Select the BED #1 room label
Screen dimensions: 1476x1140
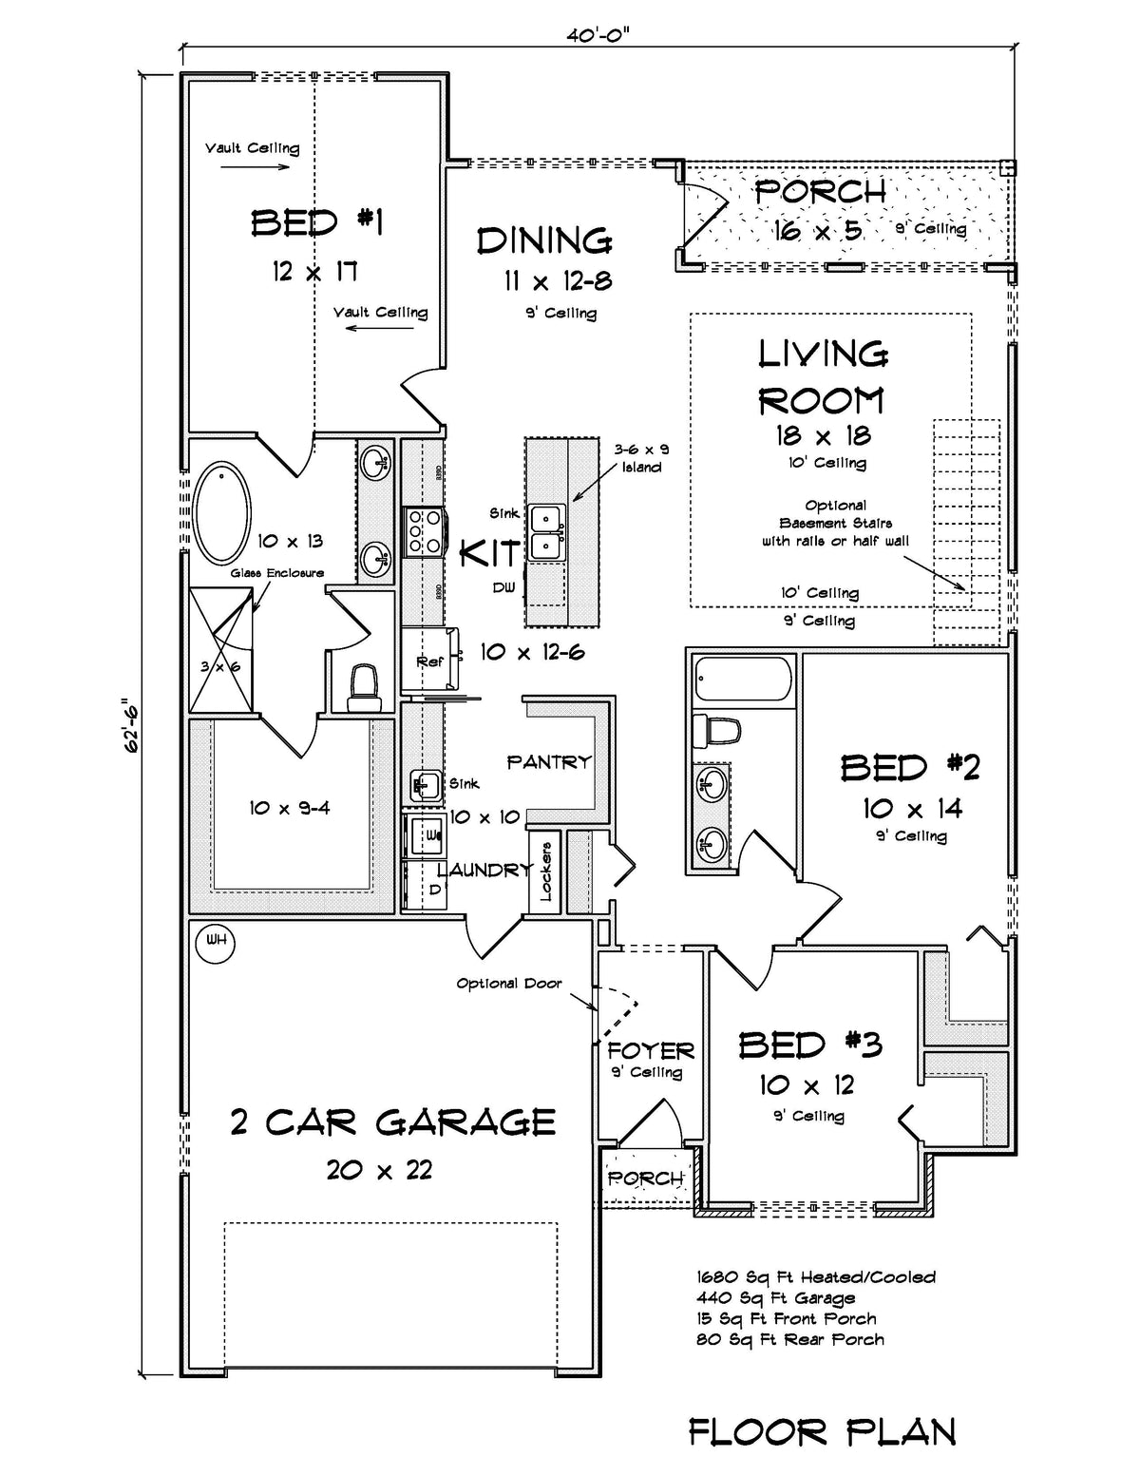(316, 223)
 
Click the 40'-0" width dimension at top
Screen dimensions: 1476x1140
(598, 35)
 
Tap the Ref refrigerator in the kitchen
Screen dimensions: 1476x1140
(430, 661)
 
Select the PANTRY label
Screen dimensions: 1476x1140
(548, 762)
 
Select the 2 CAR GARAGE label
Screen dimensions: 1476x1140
(392, 1122)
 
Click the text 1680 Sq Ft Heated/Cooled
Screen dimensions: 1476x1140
(816, 1276)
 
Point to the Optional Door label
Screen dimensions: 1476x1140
(509, 984)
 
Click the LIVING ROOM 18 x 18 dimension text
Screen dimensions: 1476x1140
(822, 435)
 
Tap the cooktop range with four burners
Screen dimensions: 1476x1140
(426, 530)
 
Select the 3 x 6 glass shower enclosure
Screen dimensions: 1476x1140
(221, 650)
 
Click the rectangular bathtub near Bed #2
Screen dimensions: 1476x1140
(743, 681)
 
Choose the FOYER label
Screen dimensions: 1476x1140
(651, 1051)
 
